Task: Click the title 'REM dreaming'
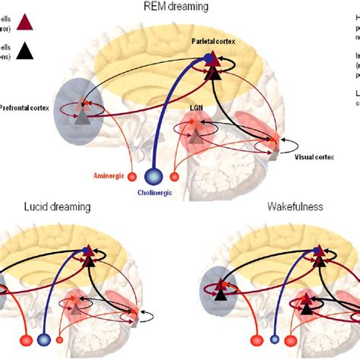pos(180,8)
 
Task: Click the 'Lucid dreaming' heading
pos(46,206)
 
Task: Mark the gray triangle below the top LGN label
pos(197,136)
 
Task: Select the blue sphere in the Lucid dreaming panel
pos(46,339)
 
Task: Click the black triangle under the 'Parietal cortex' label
pos(213,74)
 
